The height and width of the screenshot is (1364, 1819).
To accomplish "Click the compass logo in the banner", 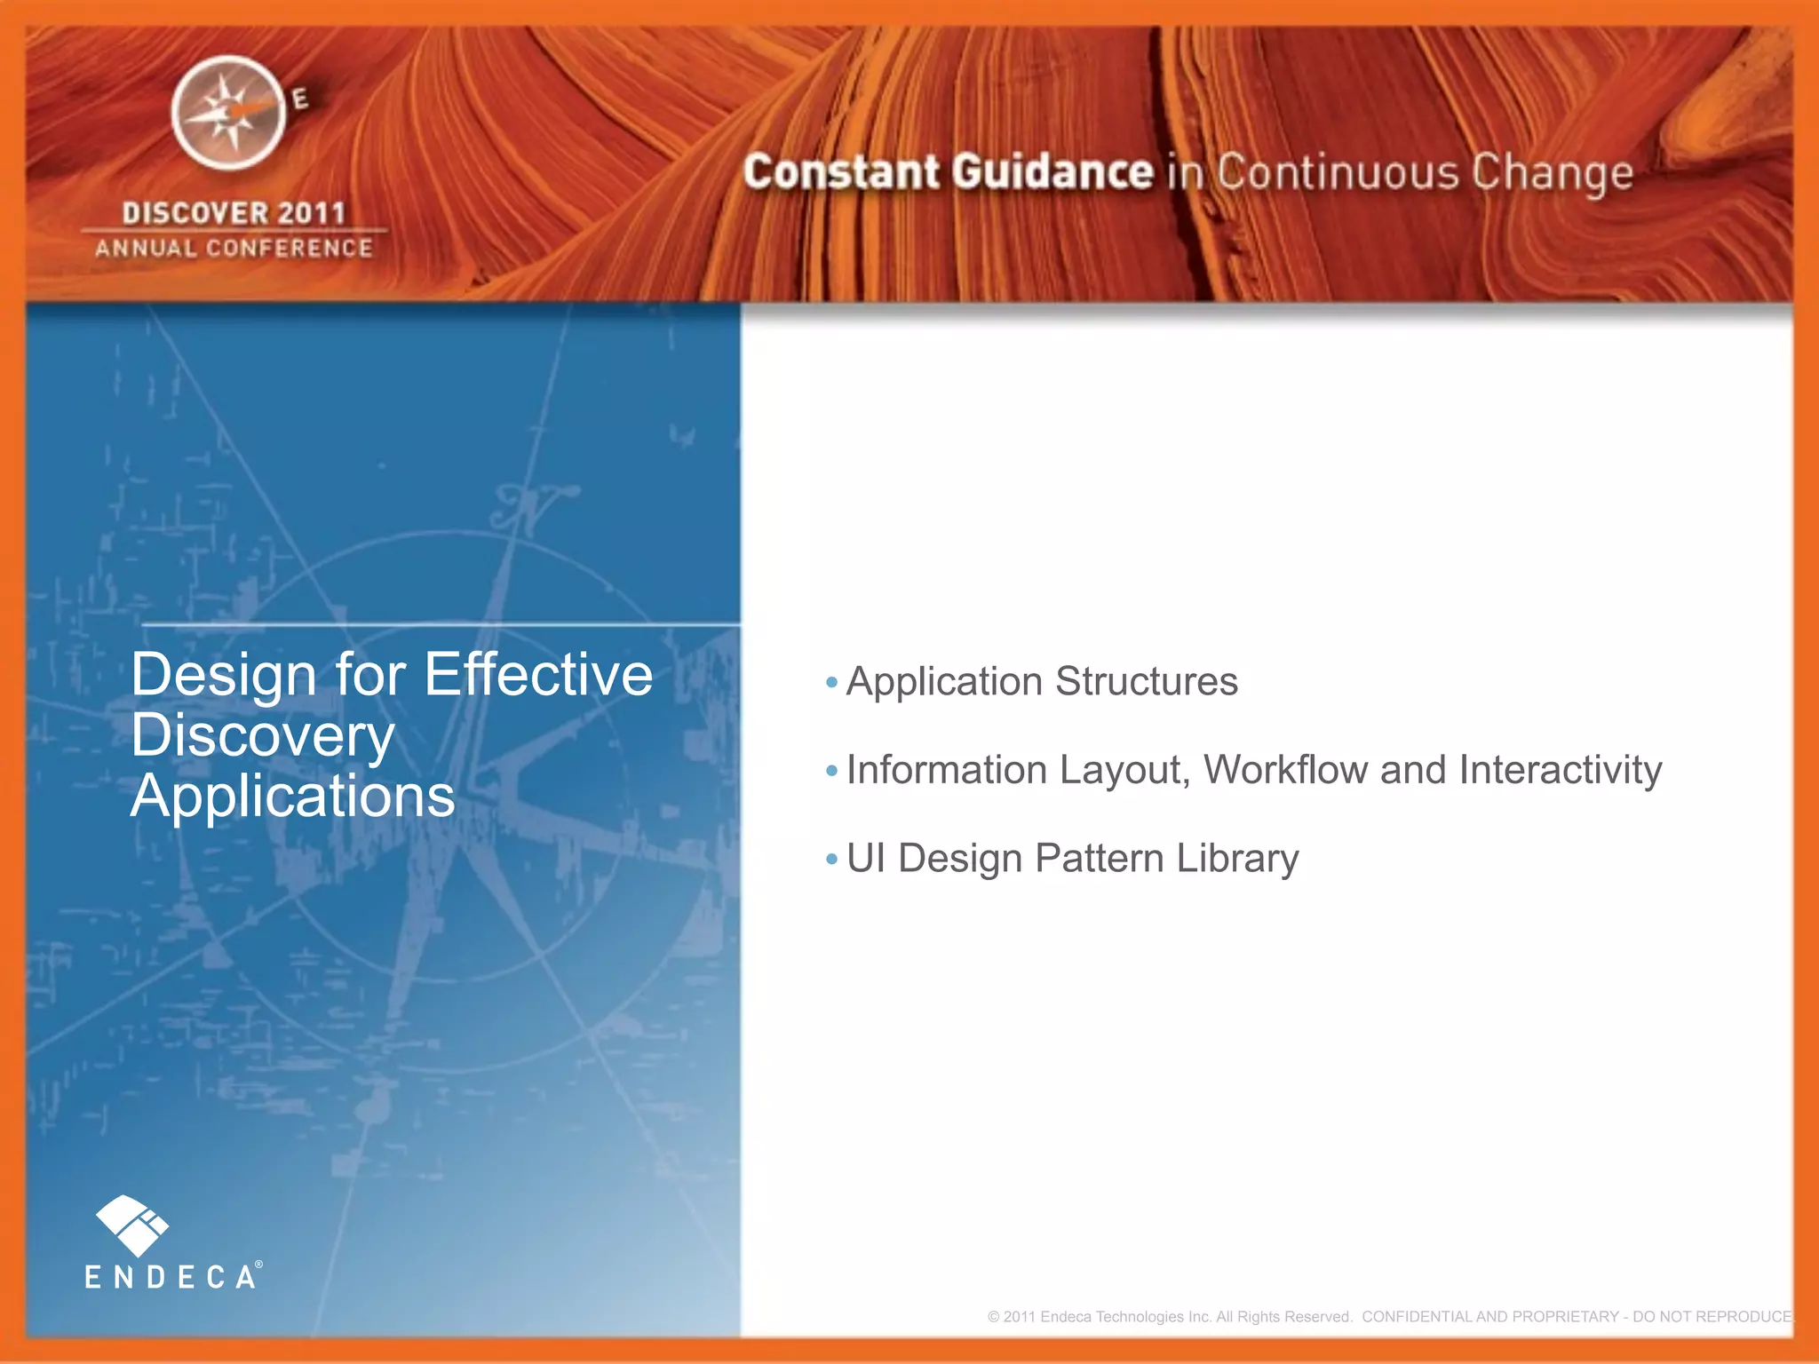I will coord(228,113).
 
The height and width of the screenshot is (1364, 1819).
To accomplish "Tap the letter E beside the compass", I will coord(301,99).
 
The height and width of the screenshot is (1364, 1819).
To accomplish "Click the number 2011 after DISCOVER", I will coord(310,213).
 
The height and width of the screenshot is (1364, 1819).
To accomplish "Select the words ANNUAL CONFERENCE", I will coord(234,249).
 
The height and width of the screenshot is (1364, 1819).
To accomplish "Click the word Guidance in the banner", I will coord(1052,172).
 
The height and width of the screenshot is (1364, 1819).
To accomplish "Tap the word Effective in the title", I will coord(538,675).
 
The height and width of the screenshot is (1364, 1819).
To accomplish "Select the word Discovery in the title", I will coord(262,736).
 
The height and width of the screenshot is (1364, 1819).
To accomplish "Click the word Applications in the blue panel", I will coord(292,797).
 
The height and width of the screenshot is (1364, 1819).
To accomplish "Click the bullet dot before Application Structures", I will coord(831,683).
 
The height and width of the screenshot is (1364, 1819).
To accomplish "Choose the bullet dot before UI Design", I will coord(831,859).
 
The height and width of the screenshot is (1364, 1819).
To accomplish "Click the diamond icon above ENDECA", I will coord(131,1225).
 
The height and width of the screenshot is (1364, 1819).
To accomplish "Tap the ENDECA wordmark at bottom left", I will coord(171,1278).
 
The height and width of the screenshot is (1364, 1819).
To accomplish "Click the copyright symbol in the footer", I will coord(993,1317).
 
